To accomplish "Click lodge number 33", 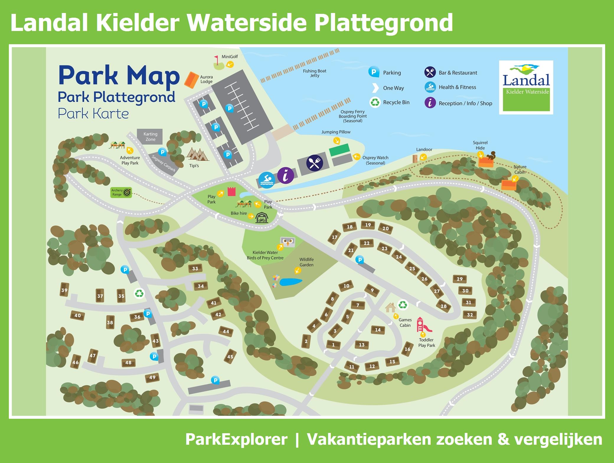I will click(195, 268).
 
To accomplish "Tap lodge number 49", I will click(152, 377).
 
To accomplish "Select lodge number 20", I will click(386, 228).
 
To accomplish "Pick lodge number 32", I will click(470, 315).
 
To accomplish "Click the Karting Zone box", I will click(150, 137).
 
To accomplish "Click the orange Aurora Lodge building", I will click(191, 80).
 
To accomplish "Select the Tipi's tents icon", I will click(197, 154).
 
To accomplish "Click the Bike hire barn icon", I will click(262, 218).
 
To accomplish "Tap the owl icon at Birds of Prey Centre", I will click(288, 242).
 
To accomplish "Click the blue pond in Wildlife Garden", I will click(290, 282).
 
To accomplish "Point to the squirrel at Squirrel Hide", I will click(491, 155).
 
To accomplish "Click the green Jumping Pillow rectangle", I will click(339, 150).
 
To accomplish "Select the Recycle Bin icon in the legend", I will click(375, 102).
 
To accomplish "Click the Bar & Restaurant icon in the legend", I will click(430, 72).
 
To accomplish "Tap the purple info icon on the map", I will click(285, 175).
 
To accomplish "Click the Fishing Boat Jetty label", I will click(314, 73).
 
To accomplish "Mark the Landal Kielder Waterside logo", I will click(526, 87).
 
